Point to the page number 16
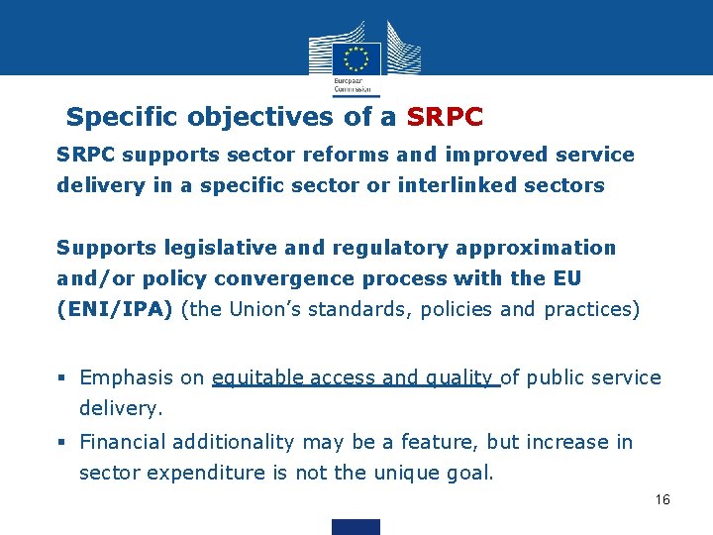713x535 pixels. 662,499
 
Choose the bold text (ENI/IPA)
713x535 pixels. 115,309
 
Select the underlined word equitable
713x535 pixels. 257,377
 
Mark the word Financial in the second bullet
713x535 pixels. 124,442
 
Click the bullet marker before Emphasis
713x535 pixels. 62,378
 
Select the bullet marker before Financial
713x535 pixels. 62,443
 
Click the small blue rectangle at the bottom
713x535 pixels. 356,526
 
